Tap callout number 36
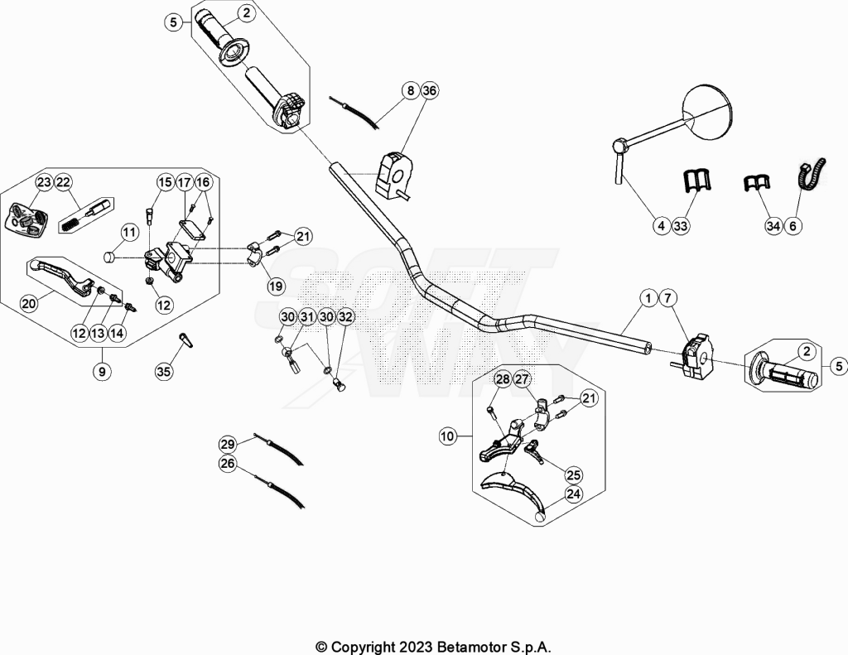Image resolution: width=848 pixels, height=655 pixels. tap(429, 90)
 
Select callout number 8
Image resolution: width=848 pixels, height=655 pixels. tap(411, 90)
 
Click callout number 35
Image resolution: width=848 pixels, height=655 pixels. tap(163, 371)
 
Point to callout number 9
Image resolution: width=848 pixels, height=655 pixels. tap(102, 371)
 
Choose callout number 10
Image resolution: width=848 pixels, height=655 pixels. tap(448, 436)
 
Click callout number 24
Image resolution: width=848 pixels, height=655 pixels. tap(573, 494)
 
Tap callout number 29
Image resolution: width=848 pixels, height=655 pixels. tap(228, 445)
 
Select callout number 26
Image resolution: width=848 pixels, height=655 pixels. tap(228, 464)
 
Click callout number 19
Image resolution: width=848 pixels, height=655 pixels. tap(276, 286)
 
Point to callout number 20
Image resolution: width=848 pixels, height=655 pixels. tap(29, 303)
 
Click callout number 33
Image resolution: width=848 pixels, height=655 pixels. tap(681, 225)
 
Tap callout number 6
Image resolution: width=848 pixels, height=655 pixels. tap(793, 225)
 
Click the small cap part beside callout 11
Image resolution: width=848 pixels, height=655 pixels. tap(111, 257)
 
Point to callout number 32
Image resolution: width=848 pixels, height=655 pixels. tap(345, 317)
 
